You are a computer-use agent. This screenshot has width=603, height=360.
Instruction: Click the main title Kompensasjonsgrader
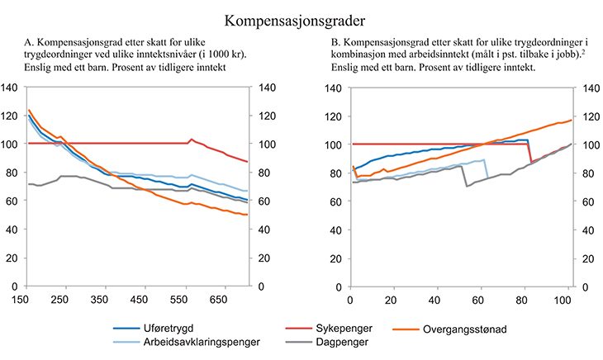301,16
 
